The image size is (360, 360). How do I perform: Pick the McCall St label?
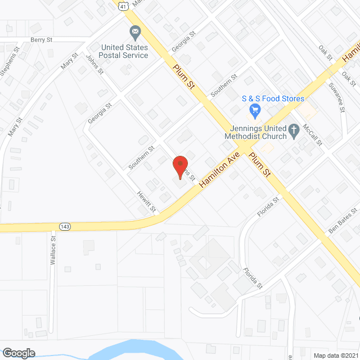(312, 135)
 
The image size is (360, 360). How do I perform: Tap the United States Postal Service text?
(123, 51)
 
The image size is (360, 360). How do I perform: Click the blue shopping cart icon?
(255, 109)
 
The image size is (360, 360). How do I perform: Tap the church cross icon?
(293, 133)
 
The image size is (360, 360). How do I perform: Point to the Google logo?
(18, 353)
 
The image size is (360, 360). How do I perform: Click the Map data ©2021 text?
(336, 355)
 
